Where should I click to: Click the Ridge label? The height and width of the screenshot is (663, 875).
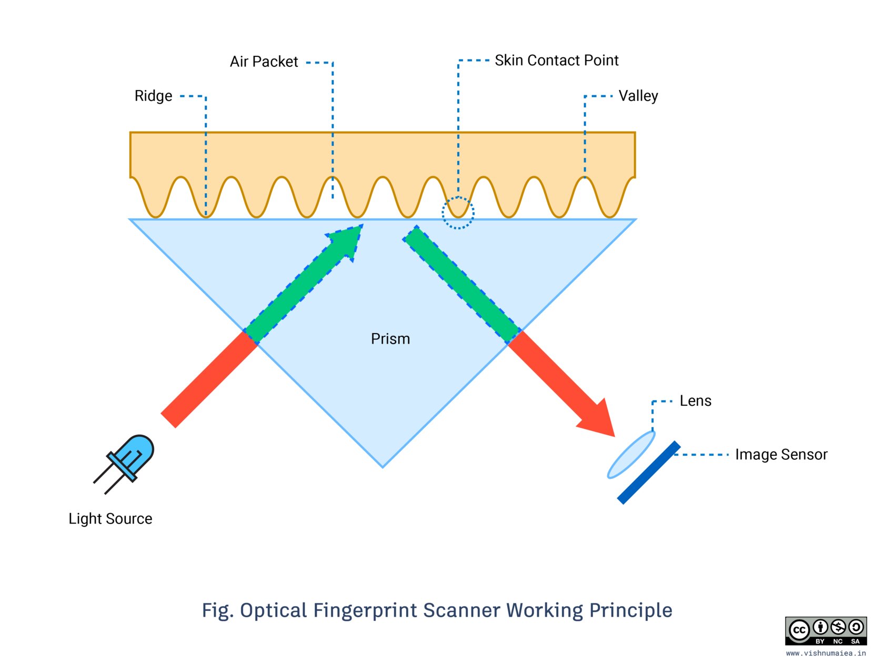153,96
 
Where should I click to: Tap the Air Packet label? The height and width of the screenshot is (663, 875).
264,62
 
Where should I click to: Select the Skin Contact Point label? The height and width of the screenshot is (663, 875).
557,60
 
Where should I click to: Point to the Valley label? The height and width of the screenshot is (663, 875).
638,96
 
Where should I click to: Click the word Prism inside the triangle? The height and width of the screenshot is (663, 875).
390,339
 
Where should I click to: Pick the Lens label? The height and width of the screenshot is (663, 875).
695,400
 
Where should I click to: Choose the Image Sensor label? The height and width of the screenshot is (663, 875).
781,455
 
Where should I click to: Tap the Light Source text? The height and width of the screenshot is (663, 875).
110,519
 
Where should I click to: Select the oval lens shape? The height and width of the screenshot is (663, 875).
631,455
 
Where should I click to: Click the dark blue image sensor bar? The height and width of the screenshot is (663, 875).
649,473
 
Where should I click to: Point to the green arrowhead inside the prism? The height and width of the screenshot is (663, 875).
347,242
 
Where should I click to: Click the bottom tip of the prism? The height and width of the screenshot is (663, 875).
383,467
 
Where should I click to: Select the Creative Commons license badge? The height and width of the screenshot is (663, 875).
826,631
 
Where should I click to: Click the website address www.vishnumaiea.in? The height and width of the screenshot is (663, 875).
826,653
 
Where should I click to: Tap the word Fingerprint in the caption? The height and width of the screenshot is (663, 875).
364,610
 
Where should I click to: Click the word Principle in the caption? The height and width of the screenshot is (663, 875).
631,610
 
